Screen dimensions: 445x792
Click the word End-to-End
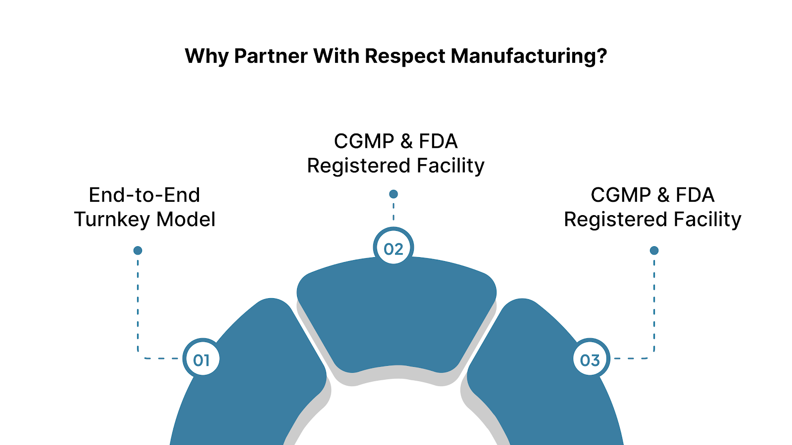(x=144, y=195)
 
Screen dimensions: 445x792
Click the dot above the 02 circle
(x=394, y=194)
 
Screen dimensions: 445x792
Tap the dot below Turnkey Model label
(x=138, y=251)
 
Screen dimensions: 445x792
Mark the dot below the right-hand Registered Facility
(x=654, y=251)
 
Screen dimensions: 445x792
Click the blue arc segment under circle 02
(x=396, y=316)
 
